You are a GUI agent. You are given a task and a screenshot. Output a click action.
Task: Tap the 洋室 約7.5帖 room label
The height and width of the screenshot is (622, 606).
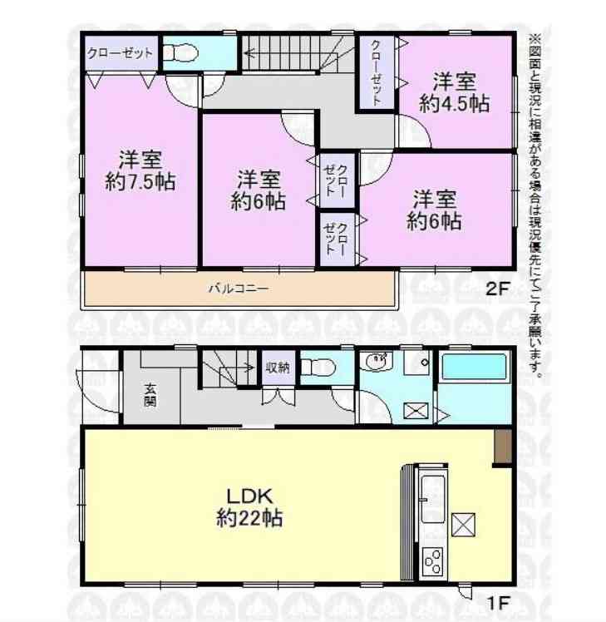(140, 170)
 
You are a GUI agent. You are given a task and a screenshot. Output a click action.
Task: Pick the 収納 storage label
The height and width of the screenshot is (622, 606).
(278, 368)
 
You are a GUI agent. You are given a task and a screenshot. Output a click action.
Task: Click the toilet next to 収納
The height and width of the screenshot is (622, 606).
(318, 368)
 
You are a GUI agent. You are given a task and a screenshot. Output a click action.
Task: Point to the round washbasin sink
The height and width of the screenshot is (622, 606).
(377, 362)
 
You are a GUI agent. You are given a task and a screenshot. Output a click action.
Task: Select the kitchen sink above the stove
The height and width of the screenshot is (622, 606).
(433, 499)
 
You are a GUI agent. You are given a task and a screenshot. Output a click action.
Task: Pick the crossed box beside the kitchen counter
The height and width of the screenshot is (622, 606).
(464, 524)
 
